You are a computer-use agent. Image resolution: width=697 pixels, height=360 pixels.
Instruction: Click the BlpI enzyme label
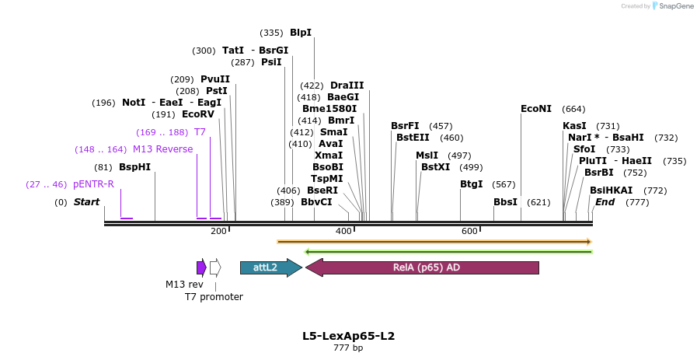(x=300, y=33)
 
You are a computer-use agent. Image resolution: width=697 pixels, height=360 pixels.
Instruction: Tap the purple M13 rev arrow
(x=201, y=267)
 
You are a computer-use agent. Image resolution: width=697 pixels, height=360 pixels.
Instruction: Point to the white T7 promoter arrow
(x=215, y=267)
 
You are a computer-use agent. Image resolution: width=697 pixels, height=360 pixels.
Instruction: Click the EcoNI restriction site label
(x=536, y=109)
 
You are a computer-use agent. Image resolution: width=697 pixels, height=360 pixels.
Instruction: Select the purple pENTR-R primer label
(x=93, y=184)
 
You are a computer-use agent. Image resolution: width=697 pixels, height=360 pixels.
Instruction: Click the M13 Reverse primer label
(x=162, y=149)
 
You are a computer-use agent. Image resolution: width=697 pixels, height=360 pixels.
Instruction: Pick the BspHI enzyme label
(x=134, y=167)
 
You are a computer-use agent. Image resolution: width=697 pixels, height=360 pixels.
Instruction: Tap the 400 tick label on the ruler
(x=343, y=231)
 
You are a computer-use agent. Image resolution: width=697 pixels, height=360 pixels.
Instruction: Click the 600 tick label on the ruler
(x=469, y=231)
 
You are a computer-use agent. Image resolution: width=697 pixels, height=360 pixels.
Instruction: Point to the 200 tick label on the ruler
(x=218, y=231)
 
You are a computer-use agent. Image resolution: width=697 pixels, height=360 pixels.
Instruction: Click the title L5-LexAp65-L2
(x=348, y=336)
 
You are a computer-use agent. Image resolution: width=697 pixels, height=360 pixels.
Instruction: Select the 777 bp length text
(x=348, y=348)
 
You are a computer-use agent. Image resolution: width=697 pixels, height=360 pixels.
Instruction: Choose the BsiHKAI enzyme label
(x=611, y=190)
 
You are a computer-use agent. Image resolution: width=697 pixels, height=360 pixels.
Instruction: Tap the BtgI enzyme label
(x=471, y=184)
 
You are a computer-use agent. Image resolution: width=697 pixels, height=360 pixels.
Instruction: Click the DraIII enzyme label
(x=347, y=86)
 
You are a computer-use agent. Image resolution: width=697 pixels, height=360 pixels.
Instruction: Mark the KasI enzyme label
(x=574, y=126)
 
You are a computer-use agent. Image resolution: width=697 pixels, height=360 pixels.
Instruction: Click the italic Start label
(x=86, y=202)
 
